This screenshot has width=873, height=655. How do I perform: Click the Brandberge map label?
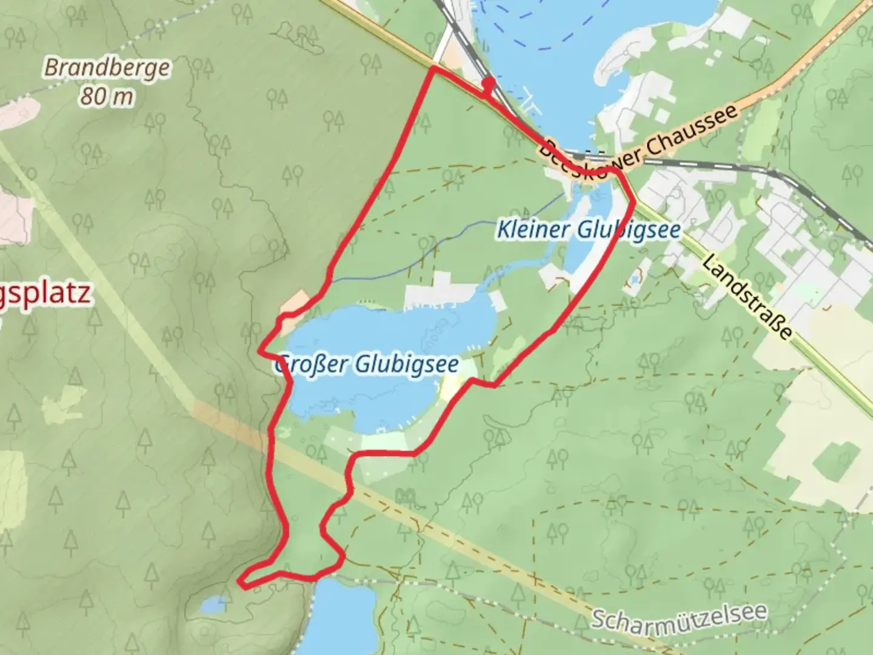click(107, 67)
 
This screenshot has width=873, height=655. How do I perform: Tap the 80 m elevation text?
click(107, 95)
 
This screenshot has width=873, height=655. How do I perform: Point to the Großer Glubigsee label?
click(366, 364)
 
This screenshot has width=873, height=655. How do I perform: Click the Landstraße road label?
click(748, 296)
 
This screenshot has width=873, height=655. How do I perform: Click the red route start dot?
click(489, 82)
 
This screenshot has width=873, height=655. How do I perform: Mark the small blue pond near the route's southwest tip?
click(214, 604)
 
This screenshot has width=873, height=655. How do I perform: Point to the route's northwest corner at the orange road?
click(433, 70)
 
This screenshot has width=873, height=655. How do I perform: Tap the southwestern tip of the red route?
click(244, 585)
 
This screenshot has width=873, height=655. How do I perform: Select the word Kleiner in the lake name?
click(532, 230)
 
